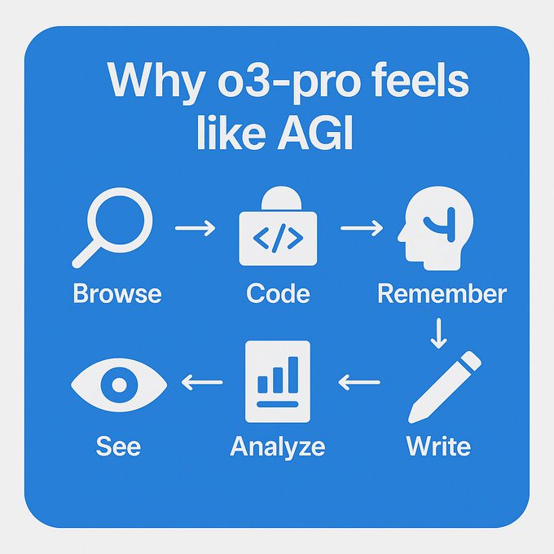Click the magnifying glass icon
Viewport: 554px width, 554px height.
click(x=120, y=221)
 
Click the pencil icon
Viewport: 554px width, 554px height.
click(x=445, y=387)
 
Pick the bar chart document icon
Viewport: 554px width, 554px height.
click(x=278, y=381)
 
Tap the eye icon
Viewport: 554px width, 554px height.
click(x=119, y=385)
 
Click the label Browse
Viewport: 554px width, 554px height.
click(x=117, y=293)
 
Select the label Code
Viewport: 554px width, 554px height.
click(x=278, y=293)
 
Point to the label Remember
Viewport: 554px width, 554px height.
click(x=442, y=293)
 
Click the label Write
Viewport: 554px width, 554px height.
click(x=438, y=446)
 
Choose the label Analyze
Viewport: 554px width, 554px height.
click(x=278, y=447)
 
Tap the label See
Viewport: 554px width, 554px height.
click(x=118, y=446)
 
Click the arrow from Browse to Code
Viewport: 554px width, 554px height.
click(x=195, y=228)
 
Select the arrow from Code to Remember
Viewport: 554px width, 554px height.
click(x=362, y=228)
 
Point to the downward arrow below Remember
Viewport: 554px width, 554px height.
click(x=438, y=333)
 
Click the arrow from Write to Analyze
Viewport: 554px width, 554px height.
click(x=359, y=382)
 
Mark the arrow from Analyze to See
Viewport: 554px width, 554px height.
click(x=202, y=382)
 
